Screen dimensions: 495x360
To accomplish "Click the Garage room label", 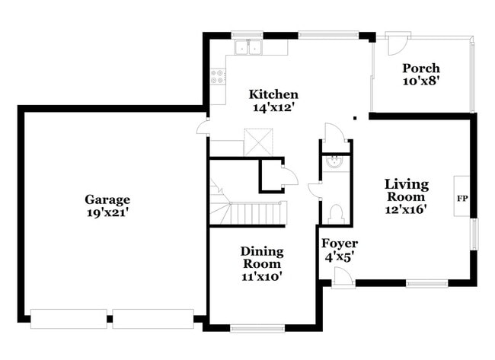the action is point(107,199).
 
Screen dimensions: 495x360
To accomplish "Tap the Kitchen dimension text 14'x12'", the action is point(273,107).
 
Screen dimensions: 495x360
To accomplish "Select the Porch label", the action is point(421,68).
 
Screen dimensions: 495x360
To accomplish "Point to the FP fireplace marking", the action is point(462,199).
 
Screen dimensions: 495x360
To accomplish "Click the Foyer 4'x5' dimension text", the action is point(339,258).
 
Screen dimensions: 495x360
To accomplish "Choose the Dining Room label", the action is point(262,257).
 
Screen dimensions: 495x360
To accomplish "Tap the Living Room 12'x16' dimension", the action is point(406,209).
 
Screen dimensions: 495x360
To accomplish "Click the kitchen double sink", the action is point(248,48).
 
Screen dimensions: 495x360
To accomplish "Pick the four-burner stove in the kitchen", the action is point(218,77).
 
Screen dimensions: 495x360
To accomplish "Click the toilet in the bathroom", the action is point(336,214).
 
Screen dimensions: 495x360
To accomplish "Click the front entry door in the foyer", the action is point(343,277).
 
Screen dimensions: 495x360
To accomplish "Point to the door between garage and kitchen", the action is point(203,128).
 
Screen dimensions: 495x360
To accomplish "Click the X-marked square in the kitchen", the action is point(258,142).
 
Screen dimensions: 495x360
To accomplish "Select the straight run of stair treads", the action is point(258,214).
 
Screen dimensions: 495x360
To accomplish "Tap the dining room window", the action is point(257,329).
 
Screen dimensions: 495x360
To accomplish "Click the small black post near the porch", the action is point(355,118).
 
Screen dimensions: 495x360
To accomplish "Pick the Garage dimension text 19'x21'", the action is point(107,212).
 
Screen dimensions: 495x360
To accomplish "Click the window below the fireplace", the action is point(474,234).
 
